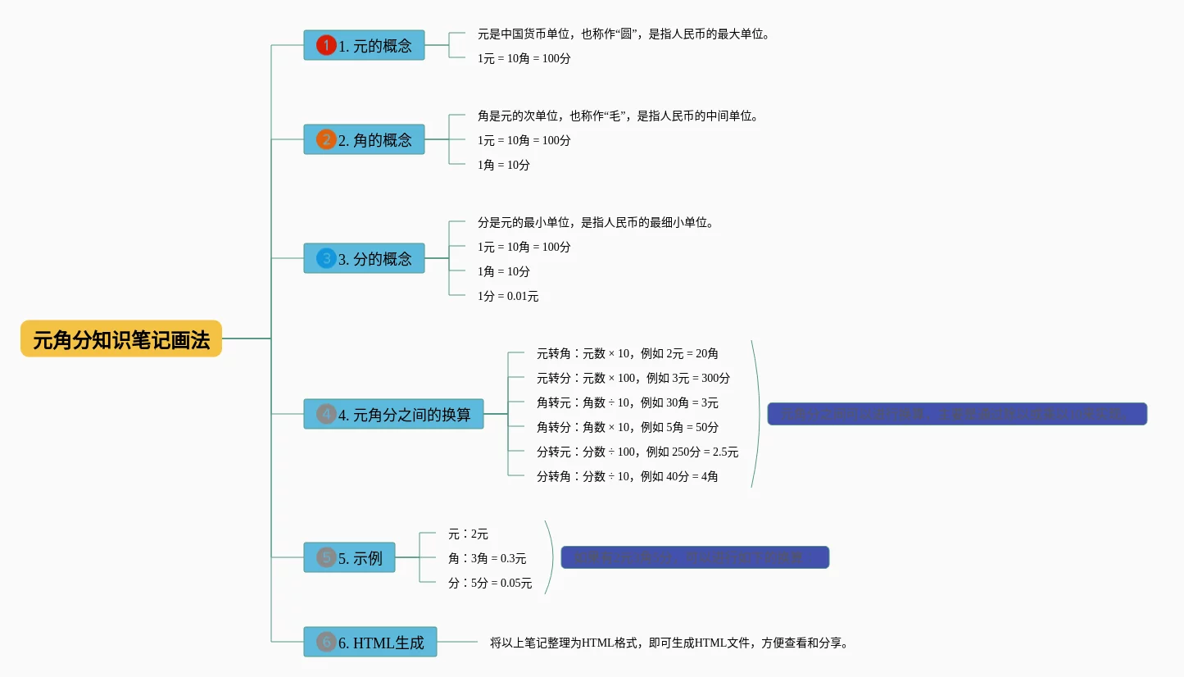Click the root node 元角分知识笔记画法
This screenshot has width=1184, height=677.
point(121,339)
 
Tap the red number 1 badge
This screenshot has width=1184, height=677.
point(326,45)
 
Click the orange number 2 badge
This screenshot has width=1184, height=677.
point(326,140)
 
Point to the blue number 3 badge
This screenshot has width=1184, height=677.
point(326,258)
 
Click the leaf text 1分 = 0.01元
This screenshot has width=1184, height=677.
point(508,296)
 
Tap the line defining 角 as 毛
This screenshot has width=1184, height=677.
point(619,116)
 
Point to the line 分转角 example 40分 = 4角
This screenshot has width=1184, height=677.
point(628,476)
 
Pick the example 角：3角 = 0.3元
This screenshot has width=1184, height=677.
point(487,558)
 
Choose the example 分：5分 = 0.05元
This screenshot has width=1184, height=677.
point(490,583)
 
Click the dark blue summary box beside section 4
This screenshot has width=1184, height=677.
point(956,414)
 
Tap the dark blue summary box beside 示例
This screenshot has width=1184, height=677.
point(695,557)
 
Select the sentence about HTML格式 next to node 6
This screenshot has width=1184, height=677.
point(670,643)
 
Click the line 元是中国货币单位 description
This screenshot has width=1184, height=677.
point(624,34)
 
